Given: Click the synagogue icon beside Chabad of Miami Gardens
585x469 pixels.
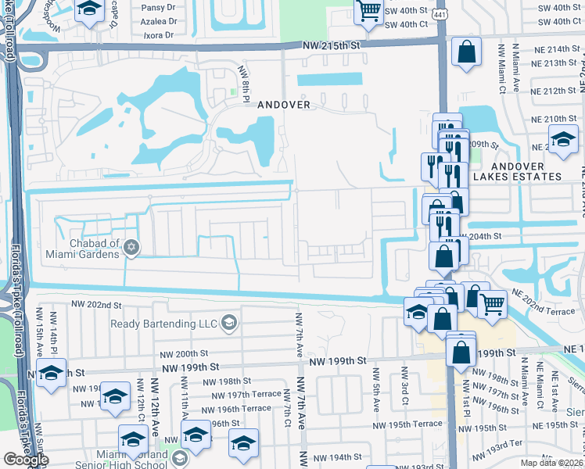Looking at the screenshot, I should click(x=131, y=248).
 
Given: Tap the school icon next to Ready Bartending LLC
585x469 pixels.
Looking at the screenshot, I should click(x=228, y=323).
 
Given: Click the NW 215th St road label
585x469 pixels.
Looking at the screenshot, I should click(x=331, y=47).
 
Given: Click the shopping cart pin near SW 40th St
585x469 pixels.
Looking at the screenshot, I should click(x=368, y=10).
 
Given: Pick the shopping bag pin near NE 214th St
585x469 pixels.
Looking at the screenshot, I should click(x=466, y=52).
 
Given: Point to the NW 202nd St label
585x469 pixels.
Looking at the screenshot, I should click(x=96, y=305).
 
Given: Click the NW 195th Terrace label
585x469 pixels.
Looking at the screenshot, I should click(x=416, y=424).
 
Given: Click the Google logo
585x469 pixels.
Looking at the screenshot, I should click(x=25, y=460).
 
